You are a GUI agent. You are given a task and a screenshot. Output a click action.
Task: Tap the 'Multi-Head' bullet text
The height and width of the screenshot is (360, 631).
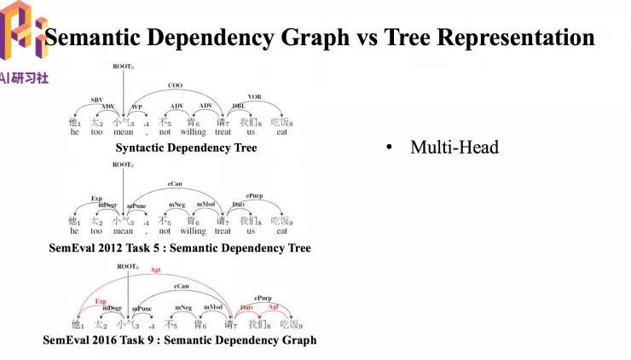coord(454,148)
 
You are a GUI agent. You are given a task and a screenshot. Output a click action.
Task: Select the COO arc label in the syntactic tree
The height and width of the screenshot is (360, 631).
coord(175,85)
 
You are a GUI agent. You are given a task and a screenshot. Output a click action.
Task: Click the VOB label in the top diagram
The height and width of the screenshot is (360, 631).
coord(255,96)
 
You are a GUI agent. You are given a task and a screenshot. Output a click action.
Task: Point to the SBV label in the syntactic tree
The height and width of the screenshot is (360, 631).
coord(97,100)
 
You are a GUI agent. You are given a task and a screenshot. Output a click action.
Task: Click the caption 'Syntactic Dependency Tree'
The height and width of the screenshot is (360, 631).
coord(186,148)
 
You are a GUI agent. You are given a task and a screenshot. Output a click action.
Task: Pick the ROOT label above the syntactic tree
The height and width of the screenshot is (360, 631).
coord(124,66)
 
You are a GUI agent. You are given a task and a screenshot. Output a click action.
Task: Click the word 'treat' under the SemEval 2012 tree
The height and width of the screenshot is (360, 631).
coord(223,231)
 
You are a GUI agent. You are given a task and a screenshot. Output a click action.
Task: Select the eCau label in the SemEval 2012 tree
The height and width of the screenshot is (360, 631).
coord(175,183)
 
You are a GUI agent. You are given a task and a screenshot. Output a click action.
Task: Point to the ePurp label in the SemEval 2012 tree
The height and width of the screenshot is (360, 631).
coord(254,195)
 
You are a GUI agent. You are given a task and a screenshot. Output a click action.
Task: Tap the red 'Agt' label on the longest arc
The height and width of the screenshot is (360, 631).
coord(155,270)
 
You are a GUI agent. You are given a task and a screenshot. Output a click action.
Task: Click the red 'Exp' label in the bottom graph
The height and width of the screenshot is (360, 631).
coord(101,301)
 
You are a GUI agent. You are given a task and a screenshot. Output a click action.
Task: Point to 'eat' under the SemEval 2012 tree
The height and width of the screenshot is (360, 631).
coord(281,231)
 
